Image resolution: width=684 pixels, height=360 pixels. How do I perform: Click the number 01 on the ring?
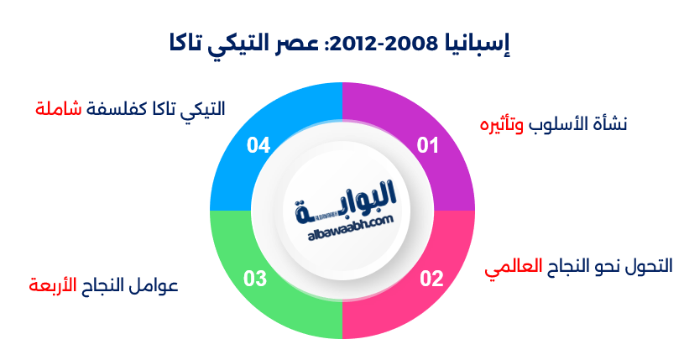428,145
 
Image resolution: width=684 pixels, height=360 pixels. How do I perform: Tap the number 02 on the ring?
431,279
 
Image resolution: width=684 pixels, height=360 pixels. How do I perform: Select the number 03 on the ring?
255,279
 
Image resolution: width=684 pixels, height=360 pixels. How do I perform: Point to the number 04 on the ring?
258,145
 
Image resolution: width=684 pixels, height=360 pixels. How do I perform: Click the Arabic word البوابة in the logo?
346,203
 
